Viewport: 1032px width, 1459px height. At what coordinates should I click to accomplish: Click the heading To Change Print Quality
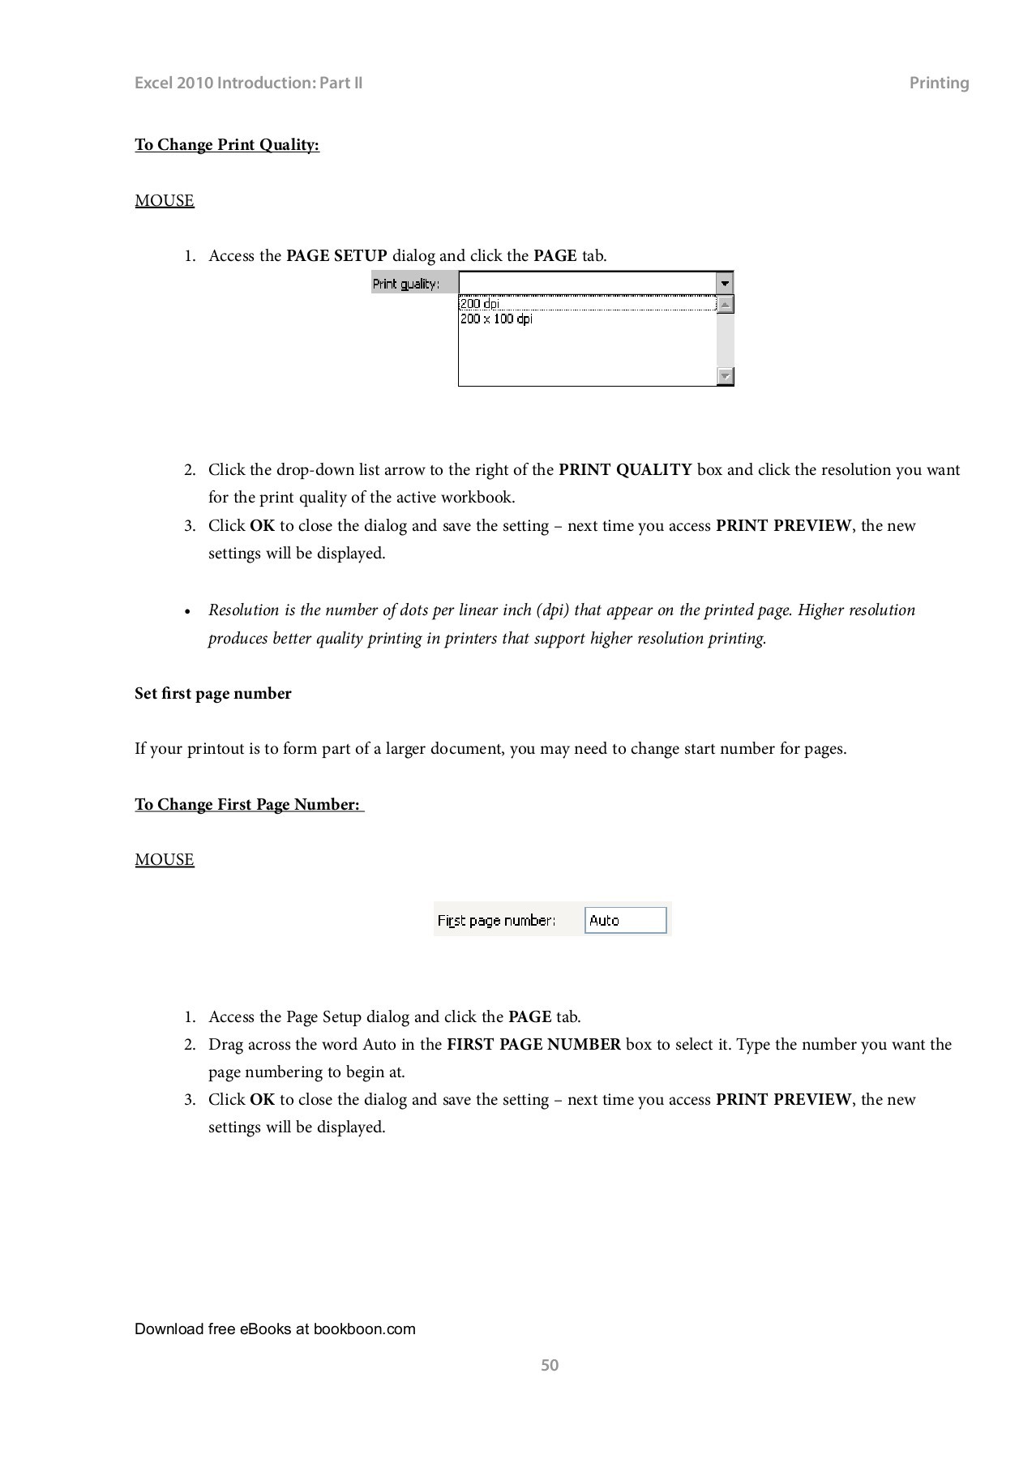click(227, 145)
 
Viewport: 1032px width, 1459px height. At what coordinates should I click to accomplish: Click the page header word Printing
click(938, 83)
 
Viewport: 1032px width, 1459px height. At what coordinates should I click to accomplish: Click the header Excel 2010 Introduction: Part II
click(248, 83)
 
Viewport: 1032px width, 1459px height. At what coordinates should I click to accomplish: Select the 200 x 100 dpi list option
click(496, 319)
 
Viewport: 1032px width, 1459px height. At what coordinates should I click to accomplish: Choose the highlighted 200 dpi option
click(480, 304)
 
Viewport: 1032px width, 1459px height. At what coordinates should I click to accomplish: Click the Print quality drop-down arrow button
click(725, 284)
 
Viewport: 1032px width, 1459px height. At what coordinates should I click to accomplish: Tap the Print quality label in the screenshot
click(406, 284)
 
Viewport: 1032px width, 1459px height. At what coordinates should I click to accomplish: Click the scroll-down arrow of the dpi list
click(726, 376)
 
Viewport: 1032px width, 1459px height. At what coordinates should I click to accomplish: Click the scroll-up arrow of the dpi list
click(726, 305)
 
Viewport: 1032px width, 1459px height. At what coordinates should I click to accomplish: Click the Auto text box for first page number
click(625, 920)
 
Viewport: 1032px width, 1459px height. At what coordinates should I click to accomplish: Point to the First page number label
click(496, 921)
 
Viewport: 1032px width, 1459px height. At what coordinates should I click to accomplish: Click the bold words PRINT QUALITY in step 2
click(625, 470)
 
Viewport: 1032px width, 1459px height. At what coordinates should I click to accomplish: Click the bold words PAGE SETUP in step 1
click(336, 256)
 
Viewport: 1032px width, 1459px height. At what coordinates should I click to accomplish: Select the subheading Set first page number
click(212, 694)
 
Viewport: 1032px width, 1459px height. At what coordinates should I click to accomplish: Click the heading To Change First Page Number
click(247, 805)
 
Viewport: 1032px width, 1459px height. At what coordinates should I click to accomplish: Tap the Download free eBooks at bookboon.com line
click(275, 1329)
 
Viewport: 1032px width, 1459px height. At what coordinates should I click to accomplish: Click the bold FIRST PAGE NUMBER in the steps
click(533, 1045)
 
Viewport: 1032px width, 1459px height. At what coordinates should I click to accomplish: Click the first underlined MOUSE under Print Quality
click(165, 201)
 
